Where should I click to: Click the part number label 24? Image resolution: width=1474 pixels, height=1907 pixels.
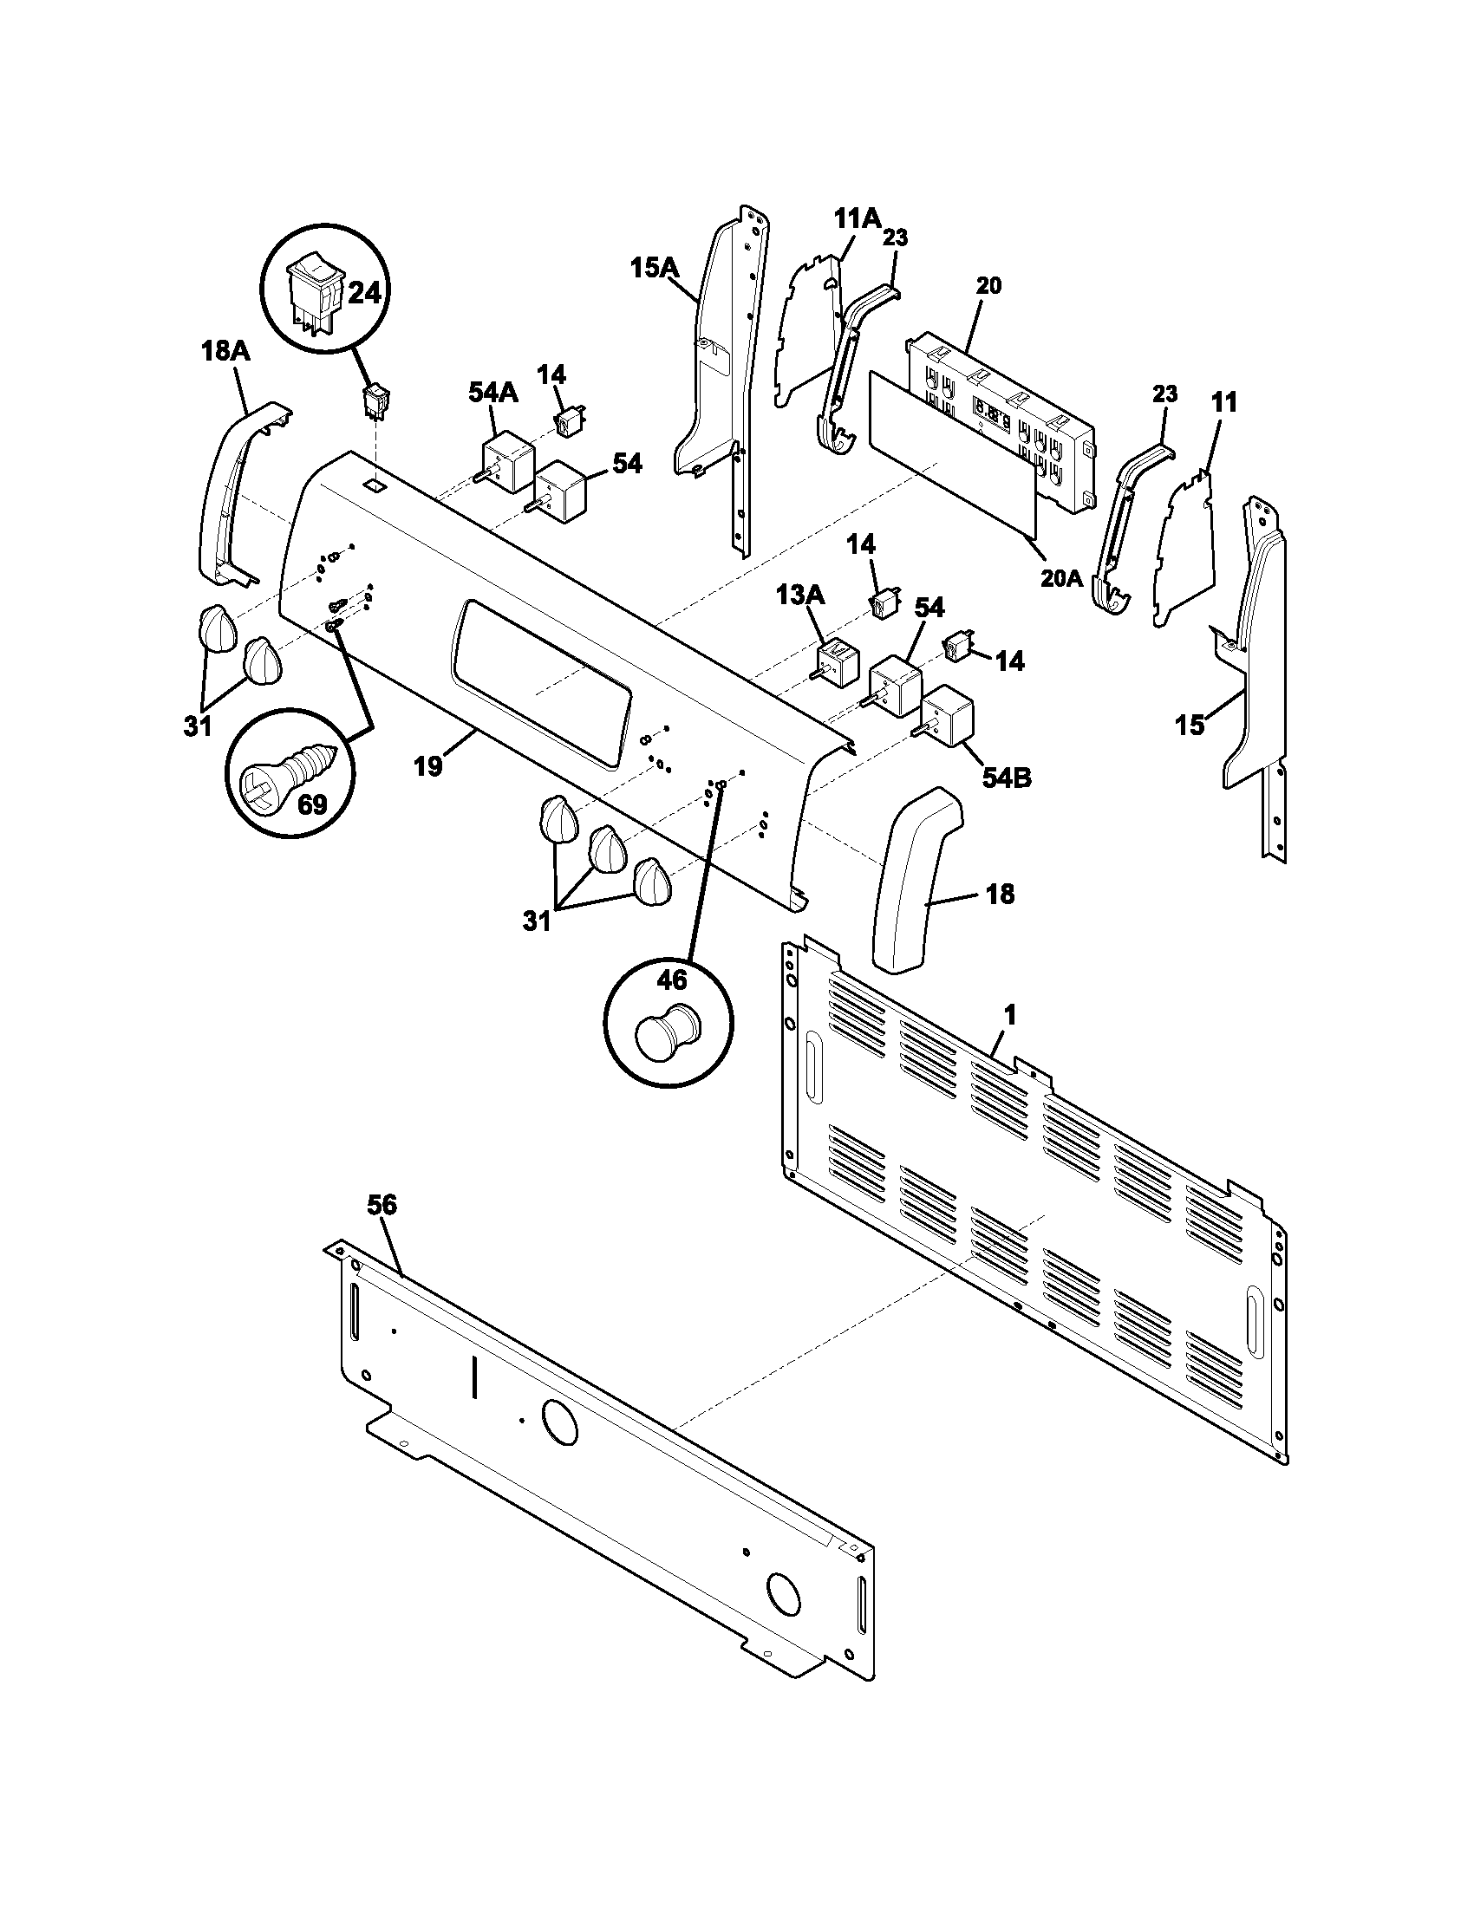tap(364, 293)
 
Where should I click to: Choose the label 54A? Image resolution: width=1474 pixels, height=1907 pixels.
tap(492, 393)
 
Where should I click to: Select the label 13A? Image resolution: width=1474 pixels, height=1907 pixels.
tap(800, 596)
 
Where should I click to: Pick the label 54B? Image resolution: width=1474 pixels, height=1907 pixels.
tap(1006, 777)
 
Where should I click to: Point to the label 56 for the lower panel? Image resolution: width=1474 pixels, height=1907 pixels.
tap(382, 1205)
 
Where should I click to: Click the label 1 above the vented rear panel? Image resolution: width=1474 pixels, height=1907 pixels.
tap(1009, 1016)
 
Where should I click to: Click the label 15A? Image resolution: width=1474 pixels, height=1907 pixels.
tap(654, 268)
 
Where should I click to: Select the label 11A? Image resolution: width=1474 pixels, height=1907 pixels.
tap(856, 218)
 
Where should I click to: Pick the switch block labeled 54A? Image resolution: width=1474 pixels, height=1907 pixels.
tap(506, 465)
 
